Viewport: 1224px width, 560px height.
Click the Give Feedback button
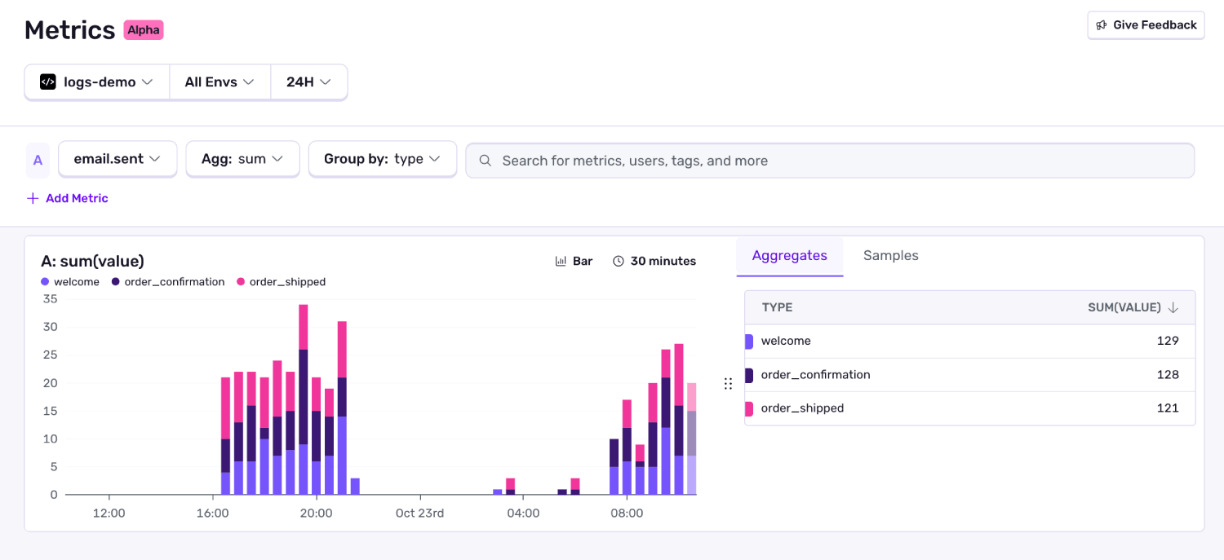point(1146,25)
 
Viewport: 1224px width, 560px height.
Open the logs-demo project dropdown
point(97,82)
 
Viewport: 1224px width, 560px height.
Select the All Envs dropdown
point(220,82)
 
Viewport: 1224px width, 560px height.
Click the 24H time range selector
point(308,82)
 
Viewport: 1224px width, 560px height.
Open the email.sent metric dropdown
point(118,159)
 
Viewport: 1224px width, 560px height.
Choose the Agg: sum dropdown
point(242,159)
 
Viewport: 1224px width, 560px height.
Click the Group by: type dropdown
point(382,159)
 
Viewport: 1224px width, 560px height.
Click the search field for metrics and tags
point(829,161)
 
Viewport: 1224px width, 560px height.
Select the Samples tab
point(890,256)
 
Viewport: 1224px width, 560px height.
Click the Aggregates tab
point(789,256)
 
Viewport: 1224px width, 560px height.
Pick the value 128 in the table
point(1168,375)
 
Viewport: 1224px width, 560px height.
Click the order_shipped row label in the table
point(802,408)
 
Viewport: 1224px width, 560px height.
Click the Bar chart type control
point(574,262)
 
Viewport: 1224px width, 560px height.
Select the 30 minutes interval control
point(654,262)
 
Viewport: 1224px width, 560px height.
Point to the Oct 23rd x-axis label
point(419,514)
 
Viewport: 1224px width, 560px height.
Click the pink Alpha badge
point(144,30)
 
